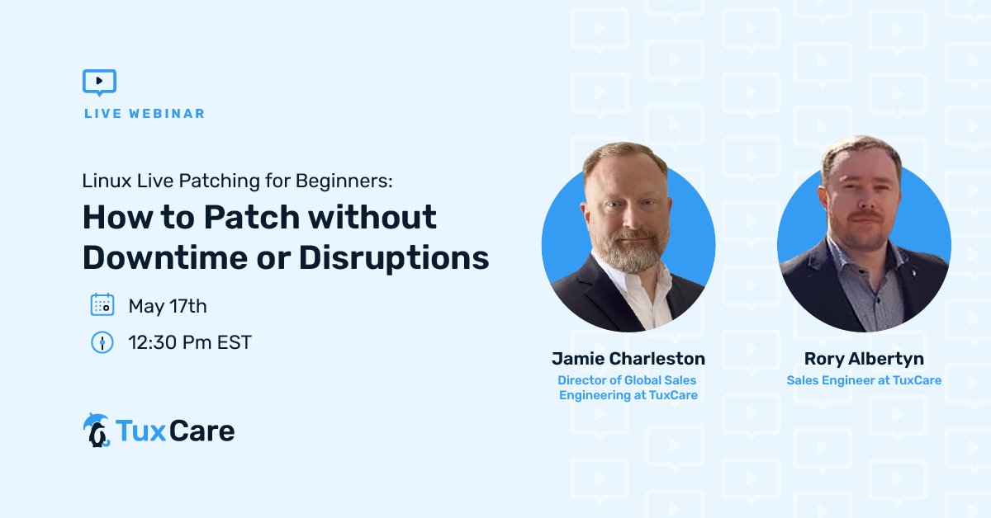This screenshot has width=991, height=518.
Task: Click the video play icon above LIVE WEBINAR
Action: point(100,82)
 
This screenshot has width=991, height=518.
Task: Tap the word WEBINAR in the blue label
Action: point(167,114)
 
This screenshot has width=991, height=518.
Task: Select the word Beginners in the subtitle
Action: point(344,181)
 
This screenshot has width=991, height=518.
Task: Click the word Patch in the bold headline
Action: point(252,217)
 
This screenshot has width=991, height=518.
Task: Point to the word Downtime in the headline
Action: point(165,257)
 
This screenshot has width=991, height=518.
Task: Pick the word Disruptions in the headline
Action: point(394,258)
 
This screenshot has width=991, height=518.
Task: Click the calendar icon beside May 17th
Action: point(102,304)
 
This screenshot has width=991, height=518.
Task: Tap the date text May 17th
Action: point(168,306)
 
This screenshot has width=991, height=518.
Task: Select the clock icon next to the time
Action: point(102,342)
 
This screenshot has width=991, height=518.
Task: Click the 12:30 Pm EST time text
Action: point(190,342)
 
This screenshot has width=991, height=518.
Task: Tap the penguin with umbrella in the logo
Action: point(96,430)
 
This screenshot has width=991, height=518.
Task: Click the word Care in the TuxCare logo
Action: point(202,431)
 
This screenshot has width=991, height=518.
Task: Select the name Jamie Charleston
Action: point(628,359)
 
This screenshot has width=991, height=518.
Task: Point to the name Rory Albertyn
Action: point(864,359)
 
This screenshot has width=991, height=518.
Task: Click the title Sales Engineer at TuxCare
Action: point(864,380)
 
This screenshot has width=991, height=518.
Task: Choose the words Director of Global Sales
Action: point(627,380)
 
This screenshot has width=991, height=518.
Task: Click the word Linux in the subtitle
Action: point(107,181)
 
